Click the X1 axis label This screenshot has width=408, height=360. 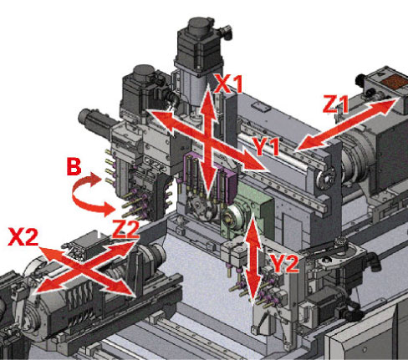point(228,84)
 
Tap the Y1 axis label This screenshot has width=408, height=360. point(266,146)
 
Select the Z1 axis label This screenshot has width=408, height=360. point(335,104)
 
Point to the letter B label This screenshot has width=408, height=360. point(74,166)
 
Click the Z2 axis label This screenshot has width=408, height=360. point(125,229)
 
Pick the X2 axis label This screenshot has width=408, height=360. point(23,236)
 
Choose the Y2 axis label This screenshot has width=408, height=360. point(284,263)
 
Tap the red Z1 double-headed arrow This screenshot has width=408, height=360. point(348,124)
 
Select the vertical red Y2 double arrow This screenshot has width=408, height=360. point(253,258)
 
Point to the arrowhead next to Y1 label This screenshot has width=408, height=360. point(252,161)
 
